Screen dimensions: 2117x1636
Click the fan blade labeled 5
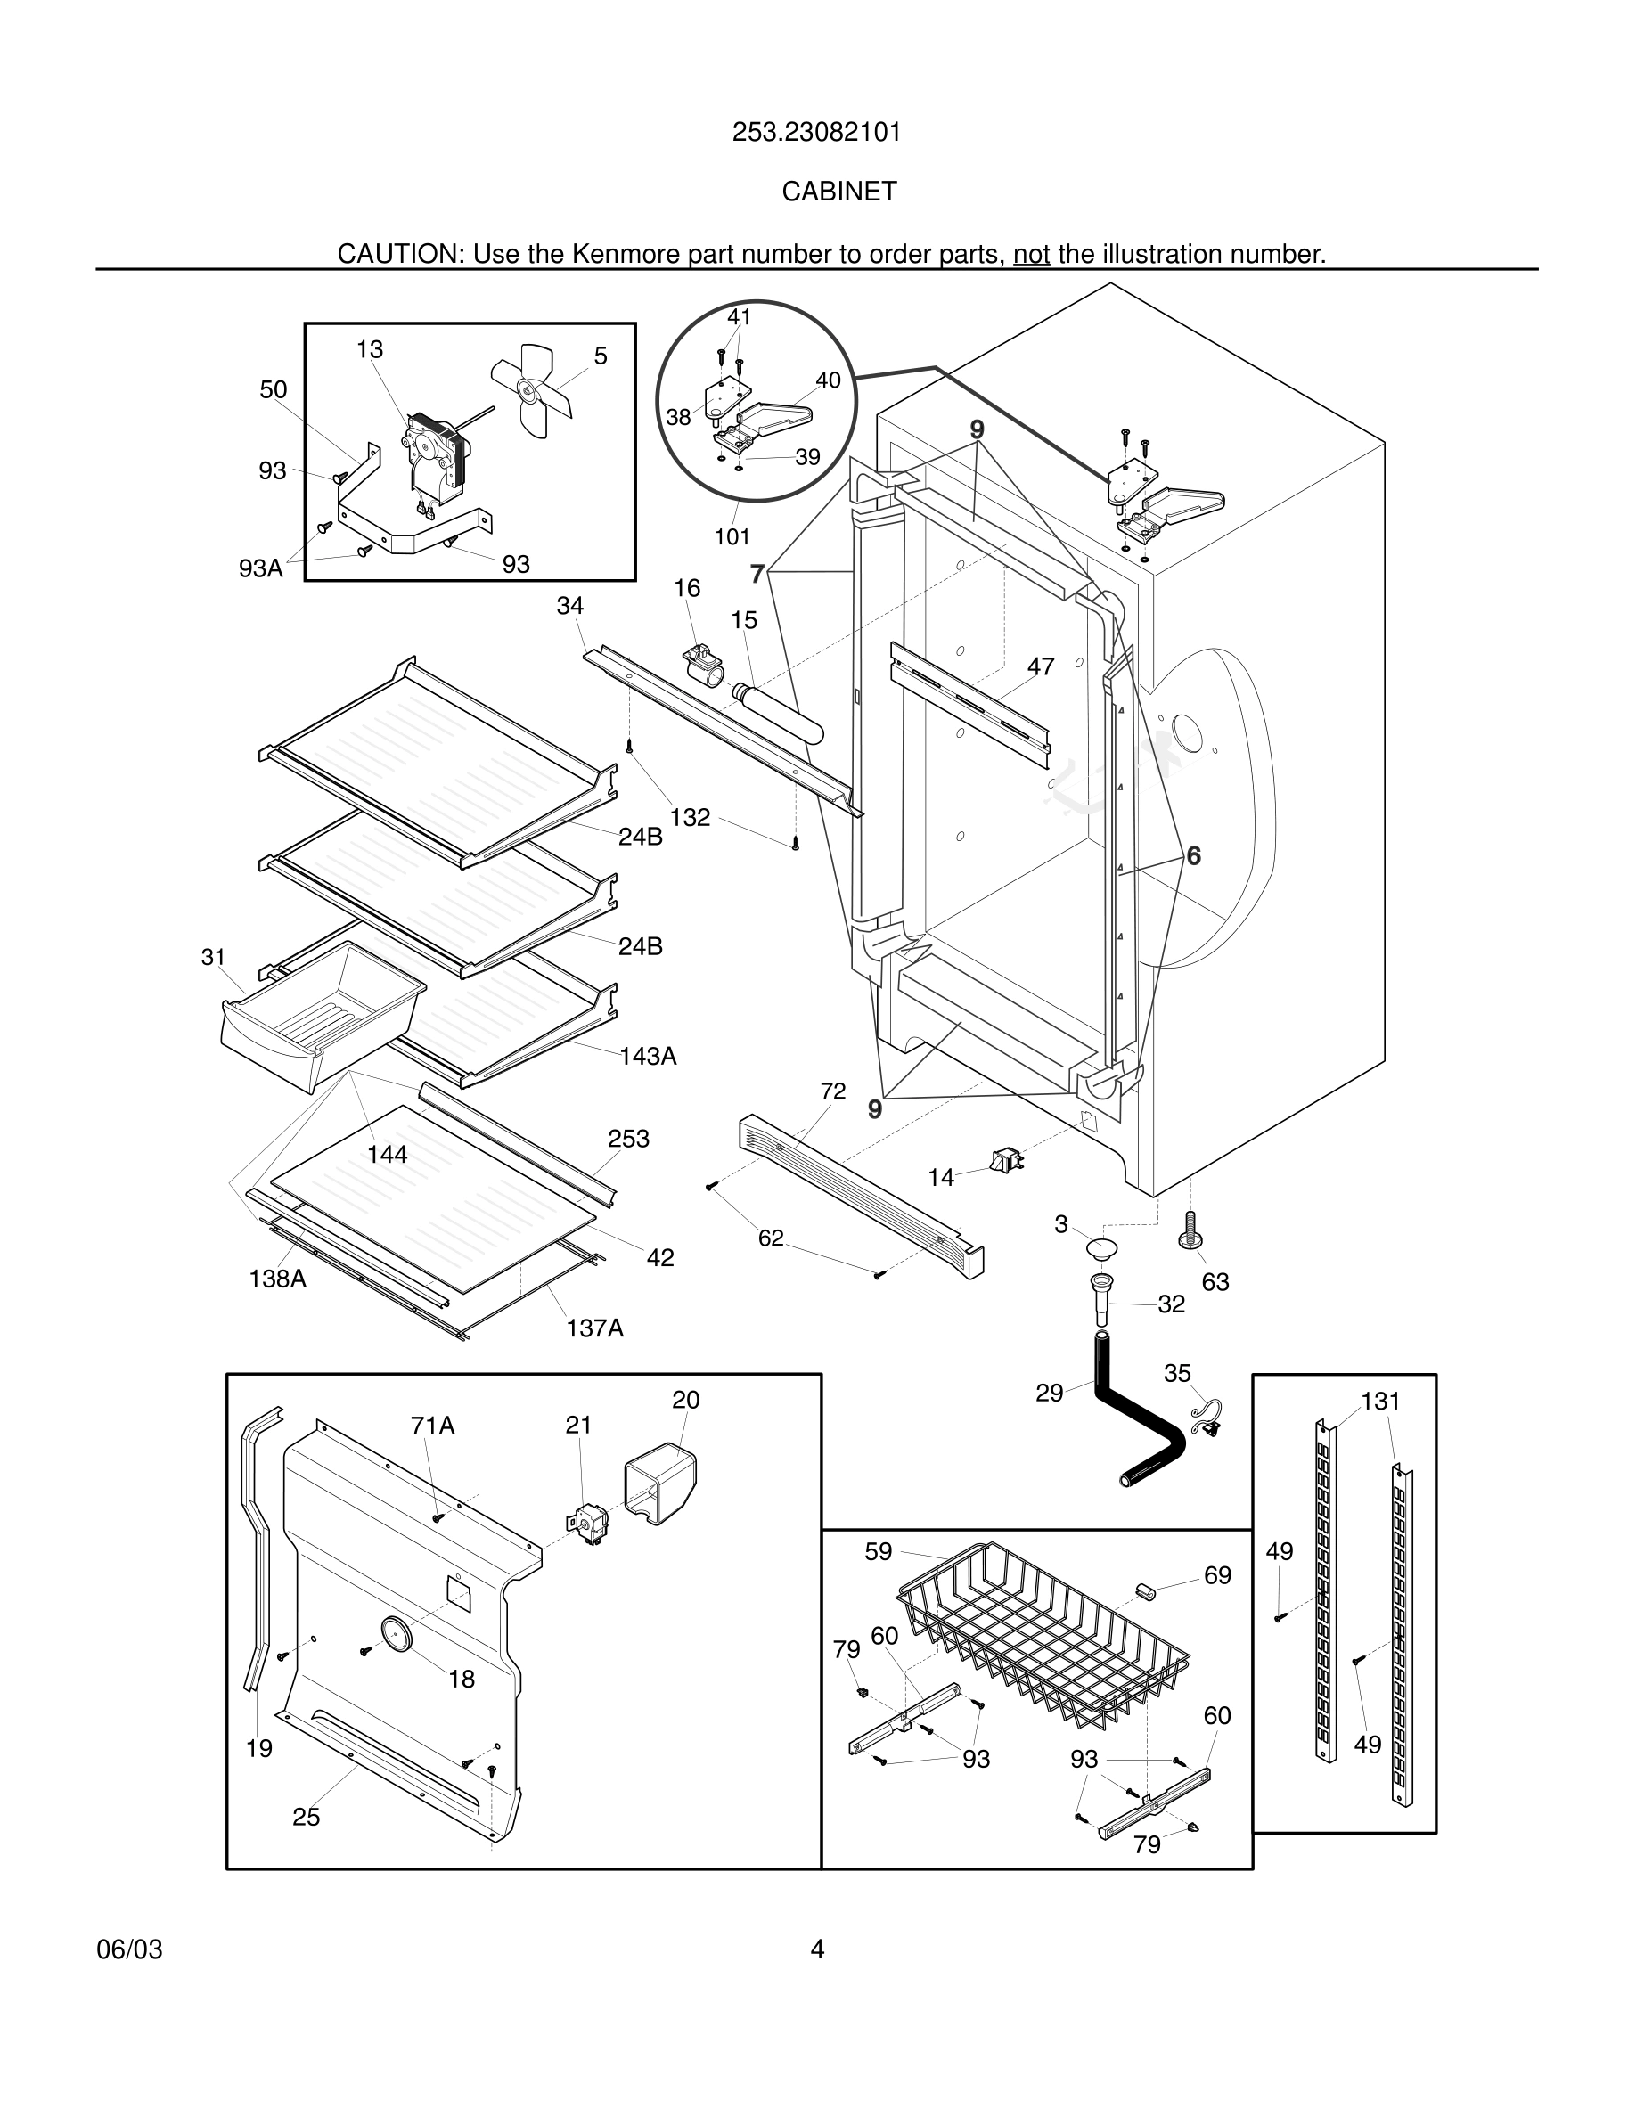531,390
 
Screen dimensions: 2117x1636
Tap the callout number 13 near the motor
369,349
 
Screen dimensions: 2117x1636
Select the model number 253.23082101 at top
816,132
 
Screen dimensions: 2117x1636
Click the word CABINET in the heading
839,192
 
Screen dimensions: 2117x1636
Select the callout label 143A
648,1056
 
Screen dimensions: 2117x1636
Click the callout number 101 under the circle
732,536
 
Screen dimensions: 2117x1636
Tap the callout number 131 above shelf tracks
1380,1401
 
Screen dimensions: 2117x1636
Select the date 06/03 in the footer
129,1949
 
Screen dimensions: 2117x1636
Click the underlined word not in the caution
1031,254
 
